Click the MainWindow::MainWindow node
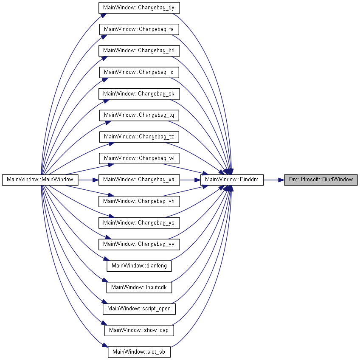click(40, 180)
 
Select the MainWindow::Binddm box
click(232, 180)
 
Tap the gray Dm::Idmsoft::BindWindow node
click(321, 180)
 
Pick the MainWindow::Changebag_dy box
click(139, 8)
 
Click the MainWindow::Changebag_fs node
click(139, 29)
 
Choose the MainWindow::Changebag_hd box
click(139, 51)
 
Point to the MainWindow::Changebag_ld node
click(139, 72)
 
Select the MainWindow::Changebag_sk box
click(139, 94)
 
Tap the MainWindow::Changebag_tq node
click(139, 115)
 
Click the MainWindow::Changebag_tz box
click(139, 137)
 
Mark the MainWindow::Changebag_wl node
click(139, 158)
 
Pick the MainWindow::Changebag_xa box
click(139, 180)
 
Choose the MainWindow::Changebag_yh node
click(139, 201)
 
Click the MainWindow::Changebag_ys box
click(139, 223)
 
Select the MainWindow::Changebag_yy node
click(139, 244)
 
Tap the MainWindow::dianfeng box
click(139, 266)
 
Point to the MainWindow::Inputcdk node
click(139, 287)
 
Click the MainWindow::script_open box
click(139, 309)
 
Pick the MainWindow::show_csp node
click(139, 330)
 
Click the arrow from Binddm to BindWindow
click(274, 180)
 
